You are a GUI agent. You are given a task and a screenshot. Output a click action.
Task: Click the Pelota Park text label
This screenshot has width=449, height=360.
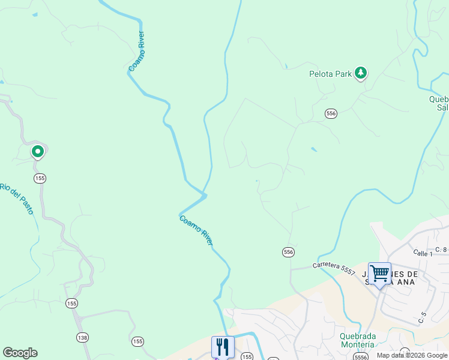click(330, 74)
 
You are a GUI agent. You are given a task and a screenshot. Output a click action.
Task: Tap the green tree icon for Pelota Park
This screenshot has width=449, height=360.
click(360, 73)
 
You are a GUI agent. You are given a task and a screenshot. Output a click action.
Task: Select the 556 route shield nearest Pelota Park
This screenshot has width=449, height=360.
click(331, 113)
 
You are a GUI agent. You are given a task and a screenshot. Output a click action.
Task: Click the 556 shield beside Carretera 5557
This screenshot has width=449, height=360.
click(289, 253)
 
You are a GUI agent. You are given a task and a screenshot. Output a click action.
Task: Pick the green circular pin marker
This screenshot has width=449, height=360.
click(38, 152)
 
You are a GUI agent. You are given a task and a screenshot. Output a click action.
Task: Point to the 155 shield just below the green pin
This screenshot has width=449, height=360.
click(40, 178)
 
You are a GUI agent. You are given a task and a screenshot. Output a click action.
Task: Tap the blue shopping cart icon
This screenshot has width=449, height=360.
click(379, 274)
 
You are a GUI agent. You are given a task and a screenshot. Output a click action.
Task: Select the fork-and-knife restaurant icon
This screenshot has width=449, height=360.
click(222, 346)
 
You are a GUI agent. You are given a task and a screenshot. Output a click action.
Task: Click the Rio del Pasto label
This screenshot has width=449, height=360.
click(16, 200)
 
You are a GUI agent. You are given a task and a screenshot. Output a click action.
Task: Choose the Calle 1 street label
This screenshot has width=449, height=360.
click(423, 254)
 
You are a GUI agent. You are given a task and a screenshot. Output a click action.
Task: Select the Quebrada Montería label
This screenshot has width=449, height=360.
click(357, 340)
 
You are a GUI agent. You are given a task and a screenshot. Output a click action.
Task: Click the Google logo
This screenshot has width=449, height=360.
click(20, 353)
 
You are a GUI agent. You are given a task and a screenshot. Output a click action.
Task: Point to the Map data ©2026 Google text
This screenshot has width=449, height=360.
click(412, 355)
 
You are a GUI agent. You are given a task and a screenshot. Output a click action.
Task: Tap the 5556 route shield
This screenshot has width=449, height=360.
click(361, 357)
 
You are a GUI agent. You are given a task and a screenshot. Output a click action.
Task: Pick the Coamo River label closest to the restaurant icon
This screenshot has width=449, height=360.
click(196, 230)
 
